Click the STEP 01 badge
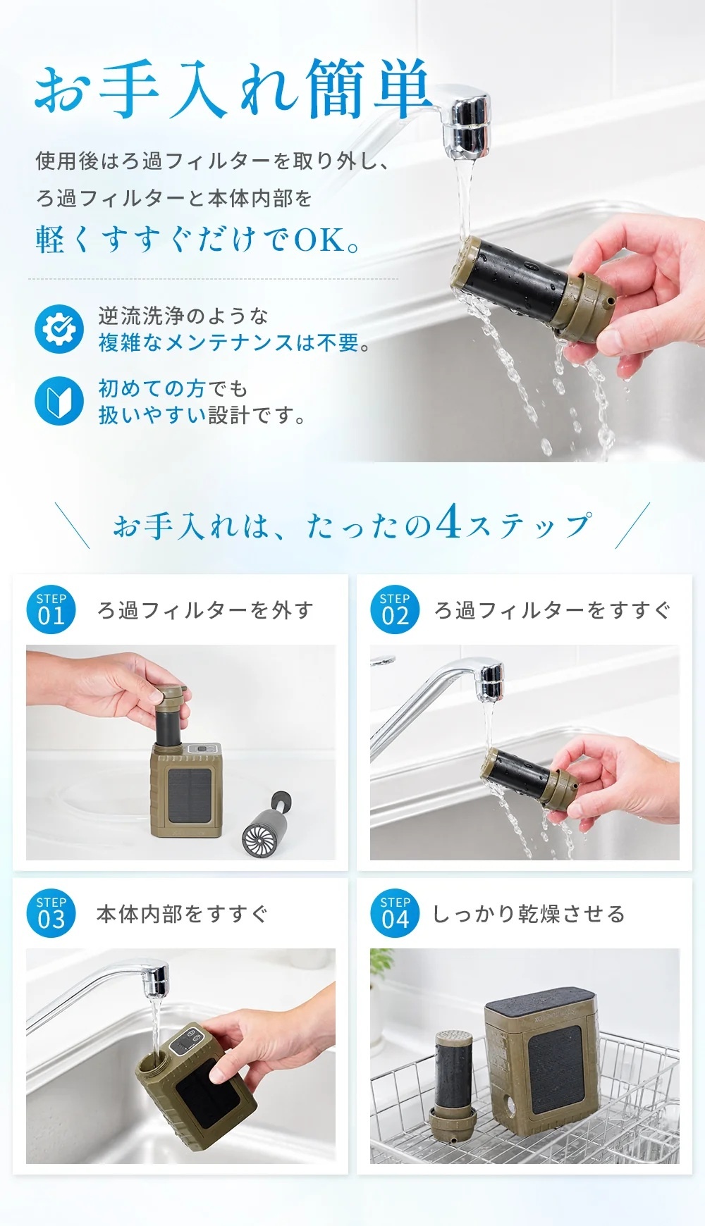[51, 609]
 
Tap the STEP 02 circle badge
[395, 609]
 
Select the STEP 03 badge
[51, 913]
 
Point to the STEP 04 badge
[395, 913]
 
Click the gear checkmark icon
[59, 328]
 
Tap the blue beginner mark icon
[59, 402]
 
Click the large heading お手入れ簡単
[233, 90]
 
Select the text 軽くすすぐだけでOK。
[198, 240]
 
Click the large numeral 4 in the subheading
[448, 523]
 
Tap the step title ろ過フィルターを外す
[205, 610]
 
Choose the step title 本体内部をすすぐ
[182, 914]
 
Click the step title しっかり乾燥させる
[529, 914]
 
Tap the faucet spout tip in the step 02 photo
[491, 683]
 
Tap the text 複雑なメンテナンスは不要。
[234, 342]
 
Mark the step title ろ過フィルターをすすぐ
[552, 610]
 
